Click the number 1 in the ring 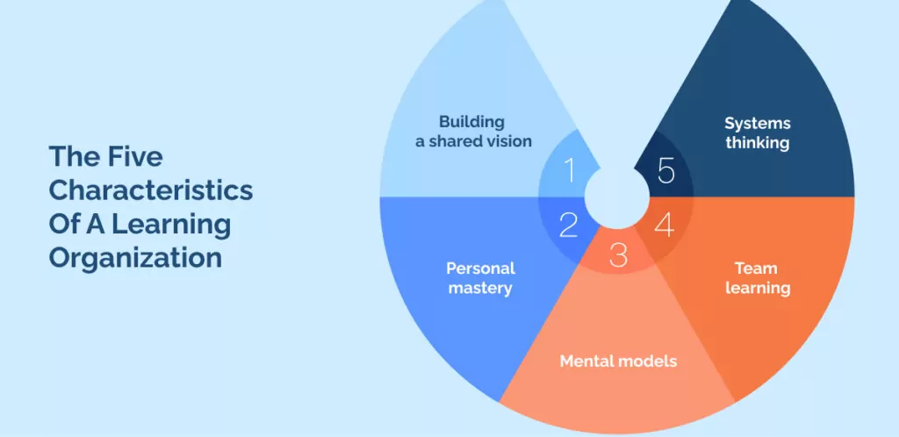pos(569,170)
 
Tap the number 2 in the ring pos(568,226)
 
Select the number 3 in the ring pos(618,255)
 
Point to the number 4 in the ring pos(665,226)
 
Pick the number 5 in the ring pos(666,170)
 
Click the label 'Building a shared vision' pos(473,131)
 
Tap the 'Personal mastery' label pos(479,277)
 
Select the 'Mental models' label pos(618,361)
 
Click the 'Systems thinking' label pos(758,133)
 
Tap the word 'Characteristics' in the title pos(150,190)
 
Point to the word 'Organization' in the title pos(134,258)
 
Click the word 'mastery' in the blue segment pos(479,288)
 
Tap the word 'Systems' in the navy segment pos(758,123)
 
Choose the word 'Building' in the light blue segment pos(472,121)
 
